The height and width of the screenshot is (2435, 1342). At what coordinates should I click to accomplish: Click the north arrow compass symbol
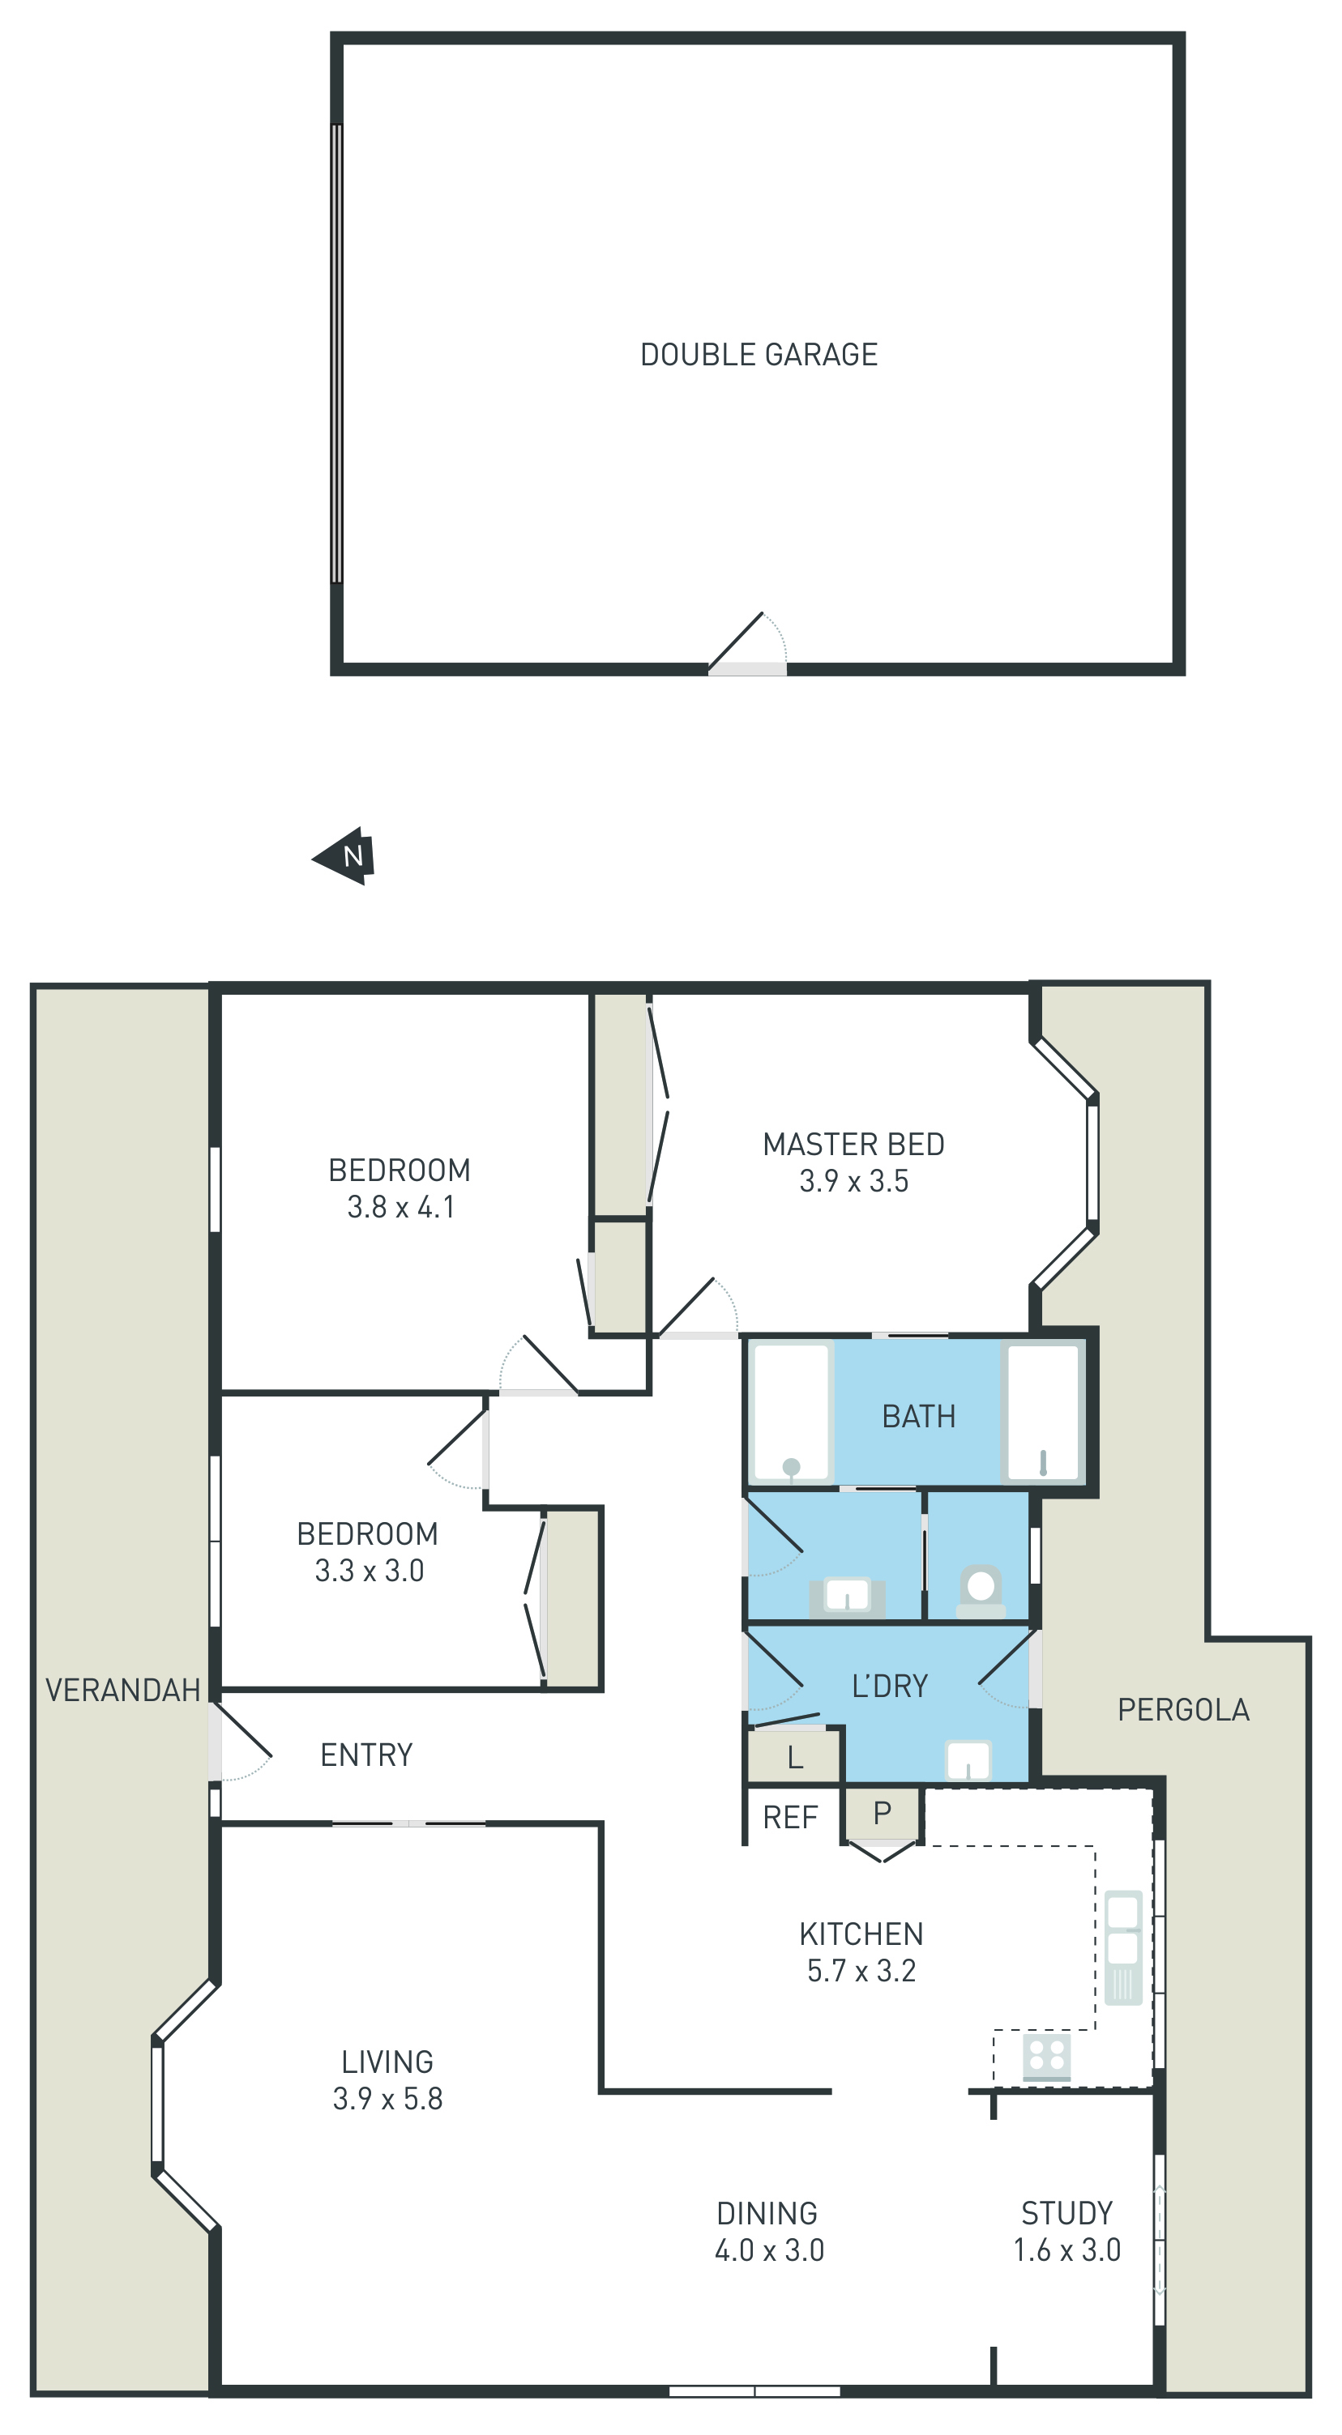[x=344, y=856]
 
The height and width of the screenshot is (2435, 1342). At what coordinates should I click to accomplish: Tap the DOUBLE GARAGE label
[x=759, y=355]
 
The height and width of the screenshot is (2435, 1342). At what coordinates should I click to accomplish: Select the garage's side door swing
[x=747, y=643]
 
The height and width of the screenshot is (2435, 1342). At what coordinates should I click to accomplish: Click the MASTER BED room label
[x=853, y=1144]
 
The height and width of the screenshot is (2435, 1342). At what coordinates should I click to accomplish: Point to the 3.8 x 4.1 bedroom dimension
[x=401, y=1207]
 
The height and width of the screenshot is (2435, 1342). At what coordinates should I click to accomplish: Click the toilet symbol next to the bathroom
[x=981, y=1593]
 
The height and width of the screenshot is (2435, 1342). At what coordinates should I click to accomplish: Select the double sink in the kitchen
[x=1123, y=1947]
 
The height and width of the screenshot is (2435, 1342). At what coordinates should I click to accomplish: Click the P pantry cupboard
[x=882, y=1813]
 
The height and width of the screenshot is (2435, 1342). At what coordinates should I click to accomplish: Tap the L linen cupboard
[x=794, y=1757]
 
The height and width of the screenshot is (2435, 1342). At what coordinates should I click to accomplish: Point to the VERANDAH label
[x=123, y=1689]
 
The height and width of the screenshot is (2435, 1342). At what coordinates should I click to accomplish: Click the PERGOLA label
[x=1183, y=1709]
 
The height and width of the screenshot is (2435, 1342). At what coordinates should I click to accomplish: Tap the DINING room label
[x=767, y=2213]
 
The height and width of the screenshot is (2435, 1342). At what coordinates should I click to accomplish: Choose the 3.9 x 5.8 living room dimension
[x=387, y=2099]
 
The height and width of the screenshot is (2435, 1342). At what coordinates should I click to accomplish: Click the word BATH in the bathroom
[x=918, y=1416]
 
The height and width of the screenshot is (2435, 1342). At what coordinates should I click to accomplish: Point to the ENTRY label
[x=367, y=1755]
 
